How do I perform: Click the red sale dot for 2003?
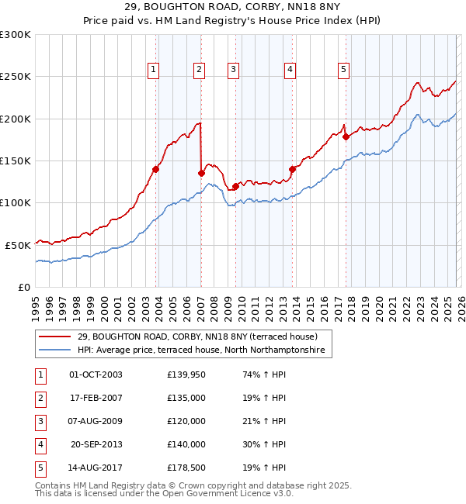click(156, 169)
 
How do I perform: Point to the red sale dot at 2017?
click(346, 136)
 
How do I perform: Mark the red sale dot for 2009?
click(235, 186)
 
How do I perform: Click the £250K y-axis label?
click(16, 77)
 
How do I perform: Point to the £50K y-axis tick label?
click(18, 244)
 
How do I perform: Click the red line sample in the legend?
click(56, 337)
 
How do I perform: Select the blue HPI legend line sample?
click(56, 350)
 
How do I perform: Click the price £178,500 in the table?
click(186, 468)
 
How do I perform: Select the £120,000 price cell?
click(186, 421)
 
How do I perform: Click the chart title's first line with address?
click(233, 8)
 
